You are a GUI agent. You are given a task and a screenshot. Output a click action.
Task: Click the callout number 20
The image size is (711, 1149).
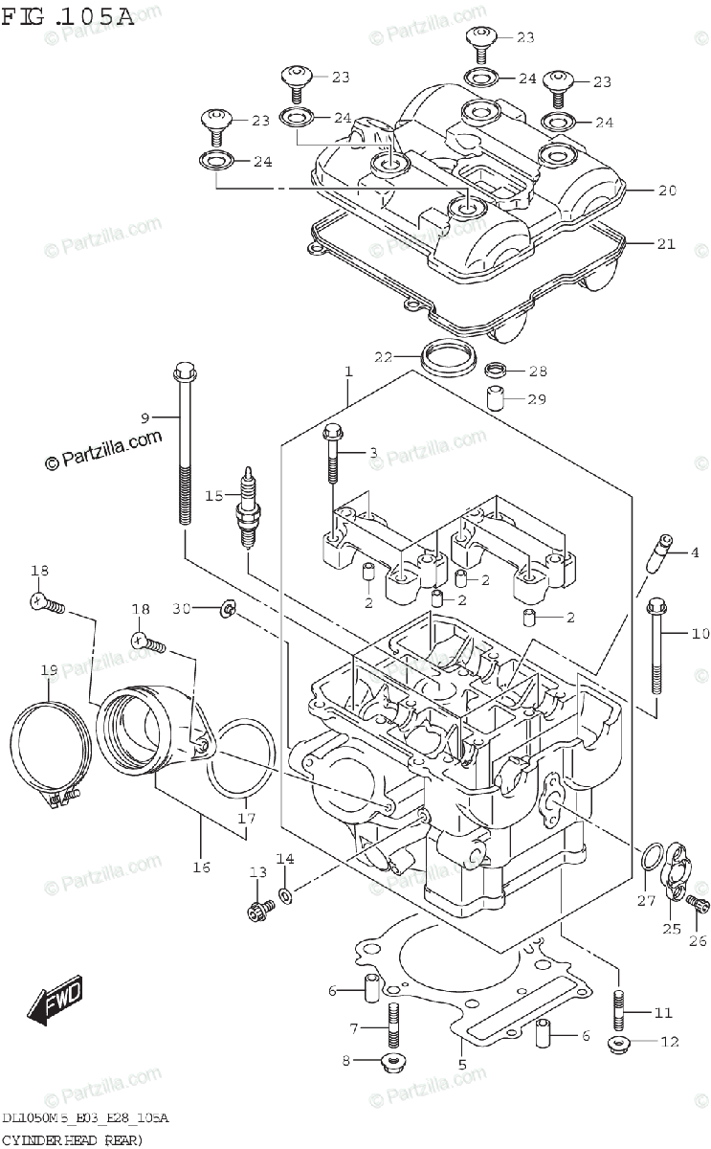[x=667, y=191]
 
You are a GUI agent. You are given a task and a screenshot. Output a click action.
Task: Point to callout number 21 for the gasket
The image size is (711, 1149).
[x=667, y=244]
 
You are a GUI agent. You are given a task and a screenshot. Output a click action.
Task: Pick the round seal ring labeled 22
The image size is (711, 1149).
[x=446, y=359]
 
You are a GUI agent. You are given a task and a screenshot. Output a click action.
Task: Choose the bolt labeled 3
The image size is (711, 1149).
[x=332, y=455]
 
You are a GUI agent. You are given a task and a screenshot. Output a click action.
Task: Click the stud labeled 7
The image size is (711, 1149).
[x=392, y=1026]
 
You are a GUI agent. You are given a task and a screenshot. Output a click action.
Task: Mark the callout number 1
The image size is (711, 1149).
[x=349, y=372]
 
